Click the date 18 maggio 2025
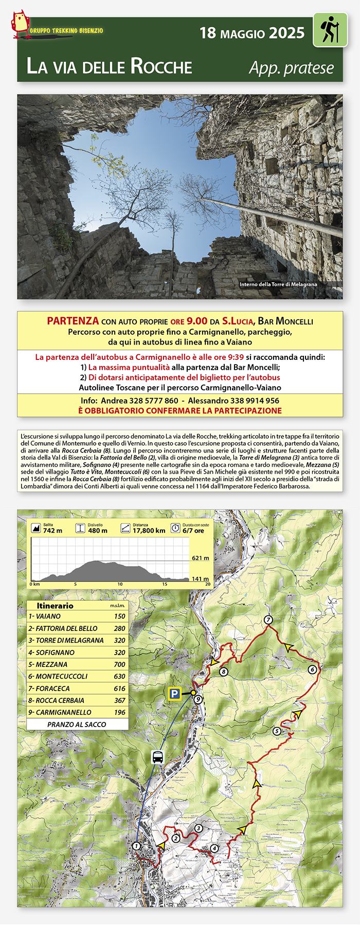coord(252,33)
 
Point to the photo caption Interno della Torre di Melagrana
coord(278,284)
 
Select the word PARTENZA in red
coord(73,321)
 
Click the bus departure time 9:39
coord(235,357)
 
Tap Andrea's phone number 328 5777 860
coord(153,401)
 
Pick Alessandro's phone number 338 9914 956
coord(255,401)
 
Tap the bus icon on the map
coord(158,757)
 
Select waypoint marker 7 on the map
coord(268,620)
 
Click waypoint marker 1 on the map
coord(136,846)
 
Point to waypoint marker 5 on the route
coord(277,731)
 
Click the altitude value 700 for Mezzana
coord(119,664)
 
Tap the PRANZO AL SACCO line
coord(77,724)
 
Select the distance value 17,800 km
coord(149,531)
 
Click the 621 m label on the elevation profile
coord(200,558)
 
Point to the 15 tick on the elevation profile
coord(165,584)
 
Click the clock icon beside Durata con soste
coord(175,528)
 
